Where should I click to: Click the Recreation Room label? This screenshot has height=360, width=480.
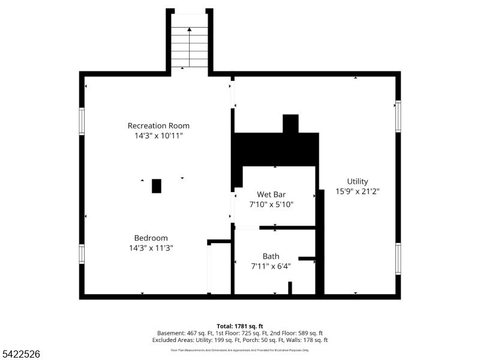coord(158,126)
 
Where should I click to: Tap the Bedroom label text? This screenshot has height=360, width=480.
coord(151,238)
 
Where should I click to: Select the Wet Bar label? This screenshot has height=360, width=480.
coord(271,194)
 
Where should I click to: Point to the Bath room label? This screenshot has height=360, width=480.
coord(271,257)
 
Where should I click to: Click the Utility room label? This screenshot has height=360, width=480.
coord(358,182)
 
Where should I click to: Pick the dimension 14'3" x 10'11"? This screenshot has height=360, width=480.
coord(158,136)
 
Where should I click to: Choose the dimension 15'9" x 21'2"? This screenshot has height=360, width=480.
coord(358,192)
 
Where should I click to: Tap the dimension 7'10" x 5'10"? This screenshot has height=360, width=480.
coord(271,205)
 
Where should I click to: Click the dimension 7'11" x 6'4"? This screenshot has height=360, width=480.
coord(271,267)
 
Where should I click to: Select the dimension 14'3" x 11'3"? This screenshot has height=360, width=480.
coord(151,248)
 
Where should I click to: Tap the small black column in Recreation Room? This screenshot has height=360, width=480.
coord(157,186)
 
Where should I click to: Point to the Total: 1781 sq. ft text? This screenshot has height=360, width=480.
coord(240,326)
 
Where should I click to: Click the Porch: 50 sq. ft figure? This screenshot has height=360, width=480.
coord(254,340)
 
